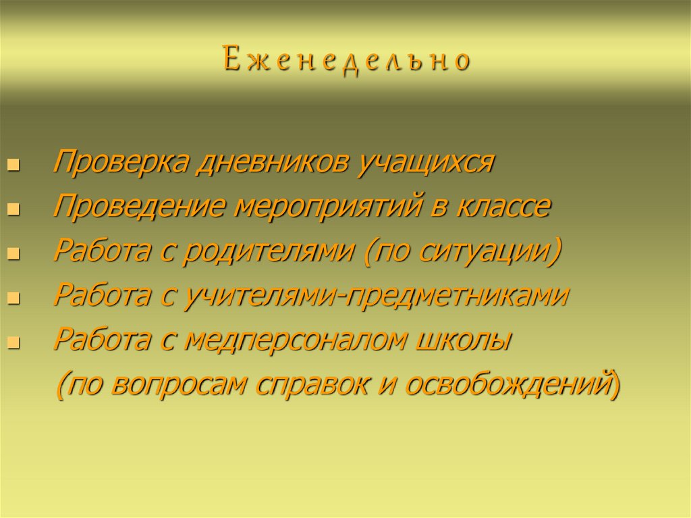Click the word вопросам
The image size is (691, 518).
pyautogui.click(x=192, y=384)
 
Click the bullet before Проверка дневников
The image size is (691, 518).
pyautogui.click(x=13, y=166)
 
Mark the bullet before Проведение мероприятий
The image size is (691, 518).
pyautogui.click(x=13, y=210)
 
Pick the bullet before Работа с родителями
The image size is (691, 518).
pyautogui.click(x=13, y=254)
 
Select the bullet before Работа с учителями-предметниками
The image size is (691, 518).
pyautogui.click(x=13, y=299)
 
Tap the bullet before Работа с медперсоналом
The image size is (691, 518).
pyautogui.click(x=13, y=342)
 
